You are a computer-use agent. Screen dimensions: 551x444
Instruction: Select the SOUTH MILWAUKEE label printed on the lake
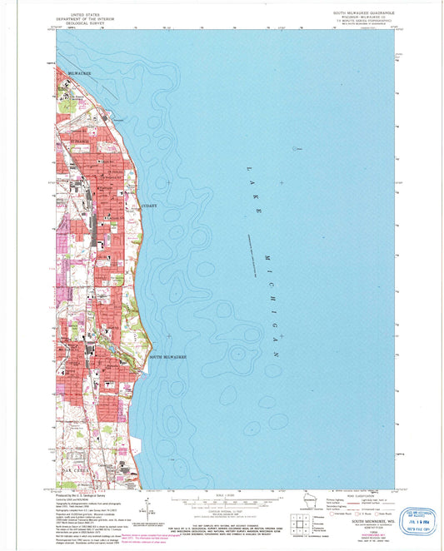click(167, 357)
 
